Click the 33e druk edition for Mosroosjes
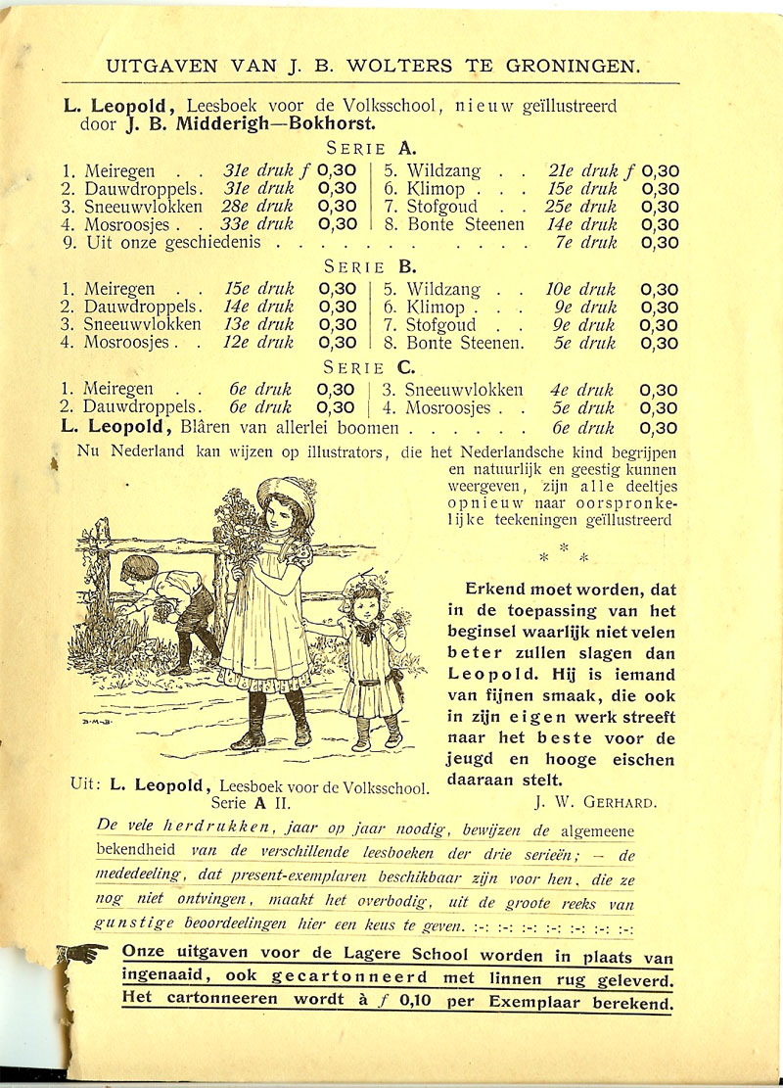[259, 224]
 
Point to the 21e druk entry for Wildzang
[578, 170]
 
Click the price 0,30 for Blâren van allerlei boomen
[660, 428]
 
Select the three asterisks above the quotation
[564, 553]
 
